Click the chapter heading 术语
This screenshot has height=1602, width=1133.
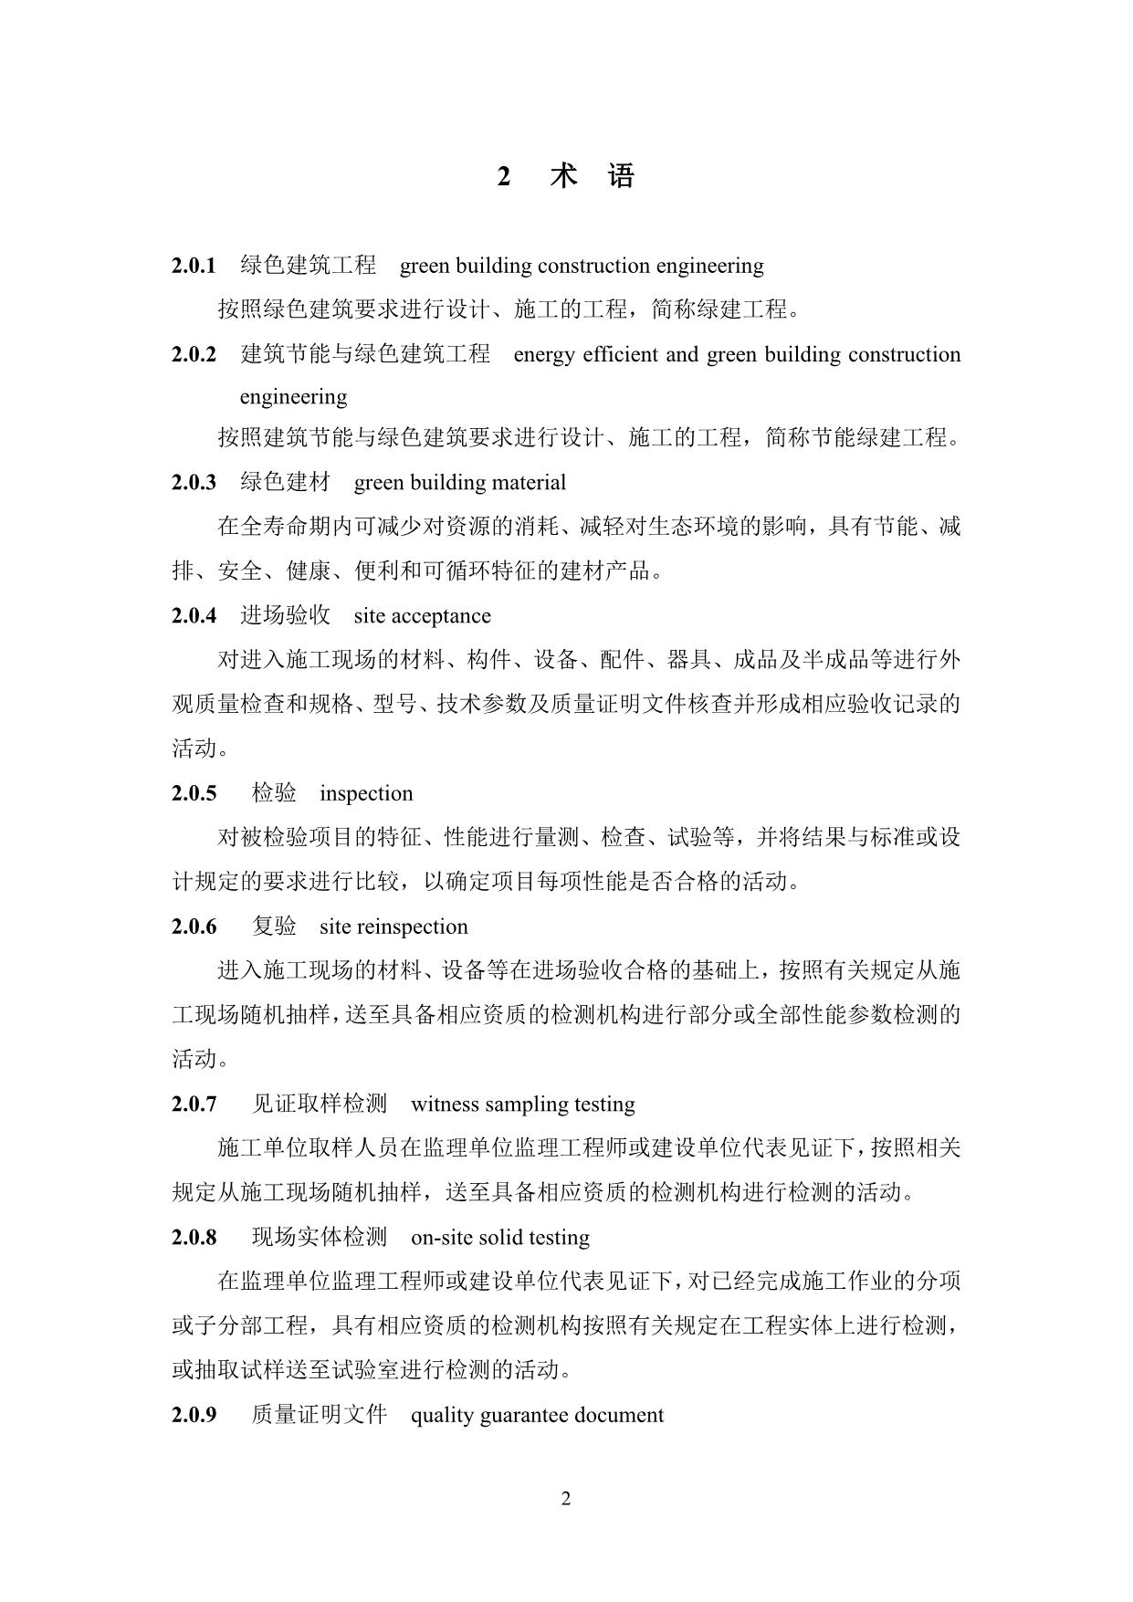point(591,176)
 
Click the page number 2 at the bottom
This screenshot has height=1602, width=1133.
point(566,1499)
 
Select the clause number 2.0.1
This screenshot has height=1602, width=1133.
point(194,266)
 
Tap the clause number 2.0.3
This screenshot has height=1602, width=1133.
point(194,482)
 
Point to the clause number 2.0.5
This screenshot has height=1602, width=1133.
point(194,793)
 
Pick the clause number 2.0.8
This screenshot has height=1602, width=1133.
point(194,1238)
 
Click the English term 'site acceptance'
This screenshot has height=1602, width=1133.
point(422,616)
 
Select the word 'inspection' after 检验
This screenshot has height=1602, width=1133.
point(366,793)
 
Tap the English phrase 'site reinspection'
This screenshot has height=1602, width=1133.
point(393,927)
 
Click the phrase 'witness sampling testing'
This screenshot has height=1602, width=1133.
point(523,1105)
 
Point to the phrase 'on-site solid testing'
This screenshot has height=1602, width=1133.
point(500,1238)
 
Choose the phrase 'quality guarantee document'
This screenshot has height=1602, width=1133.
point(537,1416)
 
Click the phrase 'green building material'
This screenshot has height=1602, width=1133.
point(459,482)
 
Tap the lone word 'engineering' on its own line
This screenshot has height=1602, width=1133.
point(293,397)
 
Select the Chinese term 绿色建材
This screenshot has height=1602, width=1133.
point(285,482)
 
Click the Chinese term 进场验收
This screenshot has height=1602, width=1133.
point(285,616)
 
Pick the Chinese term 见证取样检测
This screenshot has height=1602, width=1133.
point(320,1105)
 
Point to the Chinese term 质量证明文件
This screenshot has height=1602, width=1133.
point(320,1416)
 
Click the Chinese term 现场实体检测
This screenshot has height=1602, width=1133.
point(320,1238)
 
